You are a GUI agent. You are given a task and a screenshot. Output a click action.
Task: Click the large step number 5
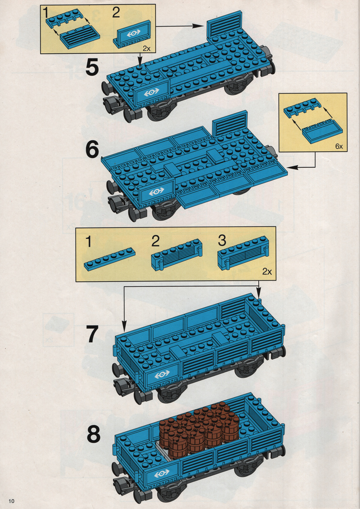point(92,67)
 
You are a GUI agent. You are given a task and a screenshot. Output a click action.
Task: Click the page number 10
point(12,501)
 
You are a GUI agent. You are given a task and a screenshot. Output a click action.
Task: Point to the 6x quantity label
point(339,147)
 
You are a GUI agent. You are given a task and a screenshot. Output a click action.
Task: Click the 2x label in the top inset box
point(147,49)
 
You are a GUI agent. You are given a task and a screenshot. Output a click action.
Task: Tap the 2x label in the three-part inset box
point(267,272)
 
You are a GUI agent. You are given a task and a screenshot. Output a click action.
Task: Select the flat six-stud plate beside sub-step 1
point(110,259)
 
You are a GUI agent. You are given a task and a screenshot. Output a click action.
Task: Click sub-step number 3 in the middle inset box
point(222,241)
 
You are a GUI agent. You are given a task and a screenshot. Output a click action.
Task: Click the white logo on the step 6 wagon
point(156,192)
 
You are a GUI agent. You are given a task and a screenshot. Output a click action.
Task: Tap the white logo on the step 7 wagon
point(162,375)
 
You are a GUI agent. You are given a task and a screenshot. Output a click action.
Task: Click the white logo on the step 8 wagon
point(162,474)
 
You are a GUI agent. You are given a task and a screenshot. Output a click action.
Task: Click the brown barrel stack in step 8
point(199,429)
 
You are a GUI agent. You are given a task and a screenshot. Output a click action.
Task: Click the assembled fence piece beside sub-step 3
point(243,253)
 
